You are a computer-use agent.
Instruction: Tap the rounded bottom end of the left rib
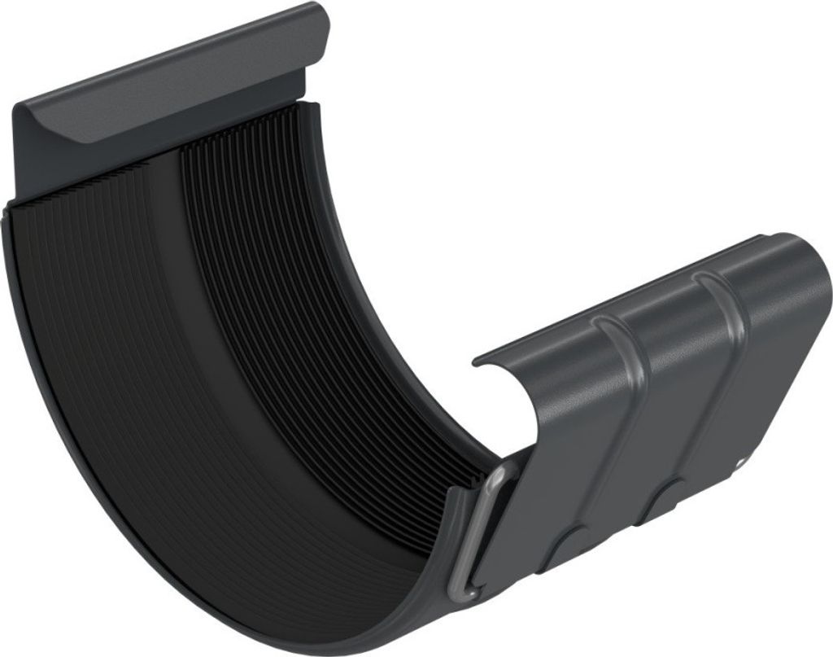[569, 541]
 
